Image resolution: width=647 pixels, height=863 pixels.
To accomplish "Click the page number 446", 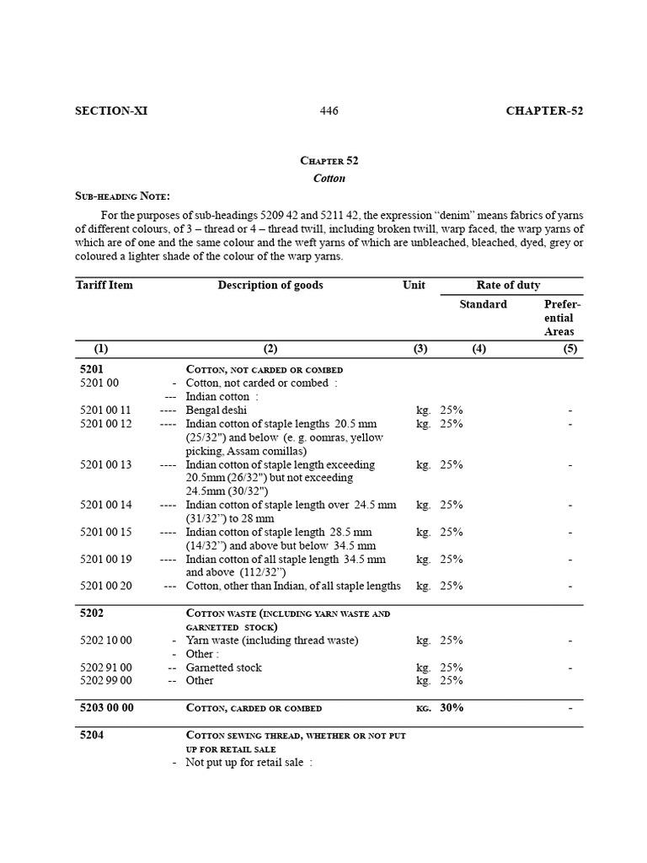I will pyautogui.click(x=329, y=111).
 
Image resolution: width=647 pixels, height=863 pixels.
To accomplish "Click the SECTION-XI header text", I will pyautogui.click(x=111, y=111).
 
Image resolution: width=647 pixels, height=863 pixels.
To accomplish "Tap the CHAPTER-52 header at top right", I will pyautogui.click(x=544, y=111).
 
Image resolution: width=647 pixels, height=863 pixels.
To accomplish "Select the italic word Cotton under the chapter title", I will pyautogui.click(x=329, y=179).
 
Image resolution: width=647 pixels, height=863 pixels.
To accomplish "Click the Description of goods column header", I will pyautogui.click(x=270, y=285).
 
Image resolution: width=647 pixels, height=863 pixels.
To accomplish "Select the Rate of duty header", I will pyautogui.click(x=508, y=285).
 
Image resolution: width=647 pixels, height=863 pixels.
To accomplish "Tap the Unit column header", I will pyautogui.click(x=414, y=285).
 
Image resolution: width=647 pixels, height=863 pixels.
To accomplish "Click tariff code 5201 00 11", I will pyautogui.click(x=106, y=410).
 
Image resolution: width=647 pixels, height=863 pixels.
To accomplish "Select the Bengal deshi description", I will pyautogui.click(x=216, y=410).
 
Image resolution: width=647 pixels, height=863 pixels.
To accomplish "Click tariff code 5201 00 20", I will pyautogui.click(x=106, y=586).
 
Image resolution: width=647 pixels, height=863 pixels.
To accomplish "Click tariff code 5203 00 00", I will pyautogui.click(x=107, y=708).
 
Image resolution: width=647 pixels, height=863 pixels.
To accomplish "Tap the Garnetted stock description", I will pyautogui.click(x=223, y=667).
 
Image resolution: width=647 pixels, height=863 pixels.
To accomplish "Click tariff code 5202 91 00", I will pyautogui.click(x=106, y=667).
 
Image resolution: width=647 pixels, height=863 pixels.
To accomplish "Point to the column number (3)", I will pyautogui.click(x=420, y=349).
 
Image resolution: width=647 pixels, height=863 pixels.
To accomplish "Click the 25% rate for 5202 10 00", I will pyautogui.click(x=451, y=641).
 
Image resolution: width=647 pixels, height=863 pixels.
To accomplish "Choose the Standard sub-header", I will pyautogui.click(x=483, y=304).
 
